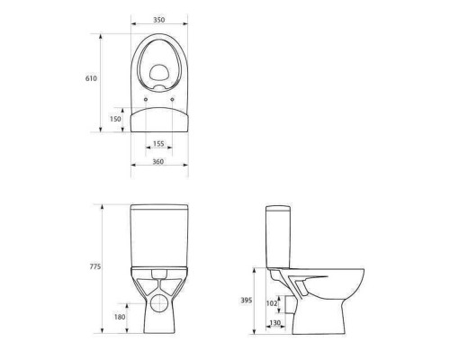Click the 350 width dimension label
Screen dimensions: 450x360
[x=159, y=20]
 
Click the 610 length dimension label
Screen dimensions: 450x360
[x=91, y=78]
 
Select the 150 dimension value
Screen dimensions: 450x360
[x=115, y=119]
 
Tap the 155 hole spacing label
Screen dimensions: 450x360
[x=158, y=144]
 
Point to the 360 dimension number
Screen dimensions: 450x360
[x=158, y=162]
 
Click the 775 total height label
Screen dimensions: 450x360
[x=95, y=266]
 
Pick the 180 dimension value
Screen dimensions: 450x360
[x=120, y=317]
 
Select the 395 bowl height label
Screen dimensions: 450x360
[x=247, y=301]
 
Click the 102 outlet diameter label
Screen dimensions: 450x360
[x=272, y=303]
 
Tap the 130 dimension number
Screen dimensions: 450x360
[x=275, y=323]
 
